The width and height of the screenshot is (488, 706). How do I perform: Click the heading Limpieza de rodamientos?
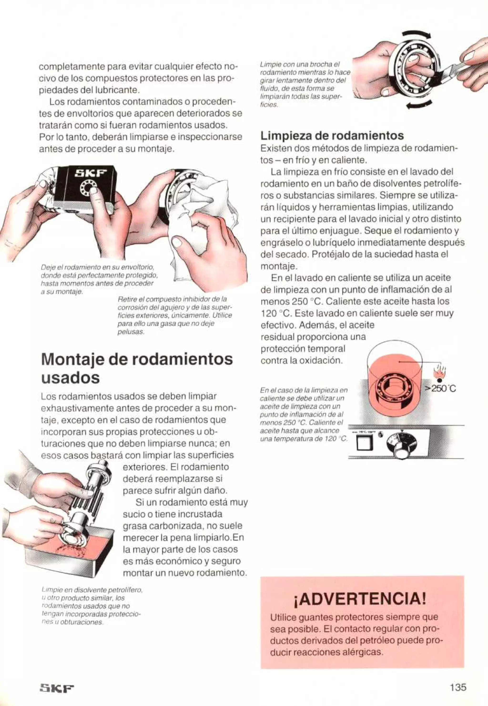[332, 135]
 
